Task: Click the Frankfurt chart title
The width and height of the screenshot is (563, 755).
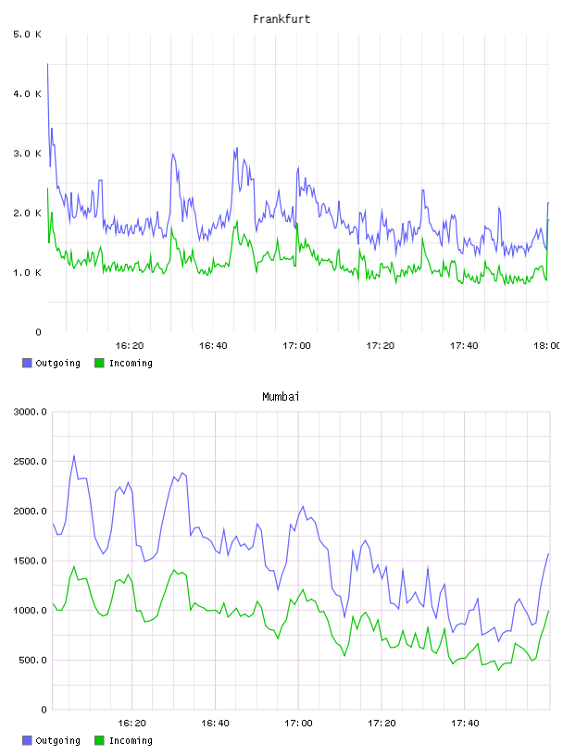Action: point(281,19)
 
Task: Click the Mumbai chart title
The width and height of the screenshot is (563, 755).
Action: point(281,397)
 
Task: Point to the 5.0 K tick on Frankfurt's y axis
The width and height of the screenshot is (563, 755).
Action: point(28,34)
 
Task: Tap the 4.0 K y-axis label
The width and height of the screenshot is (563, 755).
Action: point(28,93)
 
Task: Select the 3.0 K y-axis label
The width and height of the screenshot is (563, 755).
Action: point(28,154)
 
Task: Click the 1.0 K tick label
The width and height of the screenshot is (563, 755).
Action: point(28,273)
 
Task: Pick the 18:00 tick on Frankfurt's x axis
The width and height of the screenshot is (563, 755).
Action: point(547,346)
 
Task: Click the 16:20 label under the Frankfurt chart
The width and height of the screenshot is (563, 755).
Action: point(130,346)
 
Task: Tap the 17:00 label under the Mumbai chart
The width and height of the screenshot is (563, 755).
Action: point(298,724)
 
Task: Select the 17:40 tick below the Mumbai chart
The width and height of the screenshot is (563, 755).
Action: point(465,724)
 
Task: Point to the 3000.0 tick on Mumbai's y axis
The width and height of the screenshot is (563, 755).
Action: point(31,412)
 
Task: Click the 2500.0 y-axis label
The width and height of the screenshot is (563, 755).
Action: point(31,462)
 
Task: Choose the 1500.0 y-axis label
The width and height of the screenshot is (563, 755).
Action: point(31,561)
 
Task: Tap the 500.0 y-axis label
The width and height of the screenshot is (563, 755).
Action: point(32,660)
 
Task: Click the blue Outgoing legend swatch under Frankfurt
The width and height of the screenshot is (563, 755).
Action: point(27,363)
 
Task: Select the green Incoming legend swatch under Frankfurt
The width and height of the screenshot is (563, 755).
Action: point(99,363)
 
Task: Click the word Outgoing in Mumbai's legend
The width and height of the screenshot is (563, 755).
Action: point(57,740)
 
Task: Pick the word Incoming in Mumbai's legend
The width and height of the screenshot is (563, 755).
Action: point(131,740)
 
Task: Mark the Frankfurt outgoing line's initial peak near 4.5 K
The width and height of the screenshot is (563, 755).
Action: point(47,64)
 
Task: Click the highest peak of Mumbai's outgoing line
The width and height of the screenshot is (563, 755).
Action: point(74,455)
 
